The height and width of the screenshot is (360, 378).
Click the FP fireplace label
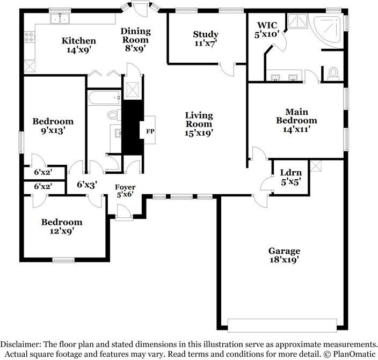coord(150,131)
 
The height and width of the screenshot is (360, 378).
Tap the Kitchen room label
coord(79,41)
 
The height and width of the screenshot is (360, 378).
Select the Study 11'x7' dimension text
coord(206,43)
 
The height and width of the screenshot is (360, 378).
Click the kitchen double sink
coord(60,19)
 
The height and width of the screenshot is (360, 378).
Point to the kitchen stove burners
coord(29,38)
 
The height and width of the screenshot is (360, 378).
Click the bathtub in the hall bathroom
coord(104,98)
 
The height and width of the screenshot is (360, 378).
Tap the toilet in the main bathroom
coord(333,74)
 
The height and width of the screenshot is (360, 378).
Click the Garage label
coord(285,251)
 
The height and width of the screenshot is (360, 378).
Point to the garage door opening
coord(282,326)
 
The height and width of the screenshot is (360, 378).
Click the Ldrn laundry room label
coord(290,173)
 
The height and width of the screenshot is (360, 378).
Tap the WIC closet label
coord(267,25)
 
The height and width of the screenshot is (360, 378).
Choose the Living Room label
coord(199,120)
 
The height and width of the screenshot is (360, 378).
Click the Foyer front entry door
coord(123,212)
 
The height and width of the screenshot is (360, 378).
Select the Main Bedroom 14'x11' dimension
coord(296,129)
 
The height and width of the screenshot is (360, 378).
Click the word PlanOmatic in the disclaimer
coord(354,354)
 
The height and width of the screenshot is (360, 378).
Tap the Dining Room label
coord(136,35)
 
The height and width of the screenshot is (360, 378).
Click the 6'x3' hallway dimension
coord(87,185)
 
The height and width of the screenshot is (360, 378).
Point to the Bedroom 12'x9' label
coord(62,226)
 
